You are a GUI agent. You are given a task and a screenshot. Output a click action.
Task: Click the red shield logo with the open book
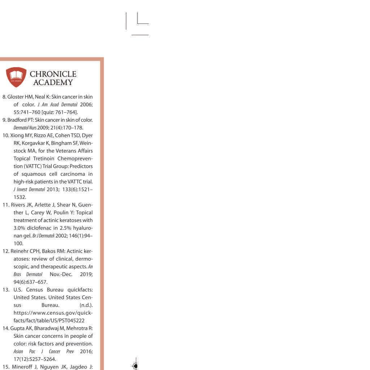16,77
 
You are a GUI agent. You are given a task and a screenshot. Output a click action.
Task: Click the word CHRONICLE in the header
53,74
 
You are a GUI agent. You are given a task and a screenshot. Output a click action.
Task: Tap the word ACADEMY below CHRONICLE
53,82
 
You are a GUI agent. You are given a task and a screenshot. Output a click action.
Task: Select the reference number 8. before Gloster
4,97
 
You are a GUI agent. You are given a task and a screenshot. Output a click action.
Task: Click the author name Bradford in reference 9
16,120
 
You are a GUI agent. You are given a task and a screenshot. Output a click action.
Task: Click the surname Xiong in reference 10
16,135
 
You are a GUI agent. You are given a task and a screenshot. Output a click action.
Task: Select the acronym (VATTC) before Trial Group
32,166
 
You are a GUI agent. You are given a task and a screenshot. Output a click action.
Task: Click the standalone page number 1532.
20,197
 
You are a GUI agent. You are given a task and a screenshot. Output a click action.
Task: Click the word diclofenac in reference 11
40,228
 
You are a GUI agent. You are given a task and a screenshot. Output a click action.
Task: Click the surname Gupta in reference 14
14,328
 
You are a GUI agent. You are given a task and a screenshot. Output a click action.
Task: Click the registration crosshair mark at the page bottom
135,366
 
